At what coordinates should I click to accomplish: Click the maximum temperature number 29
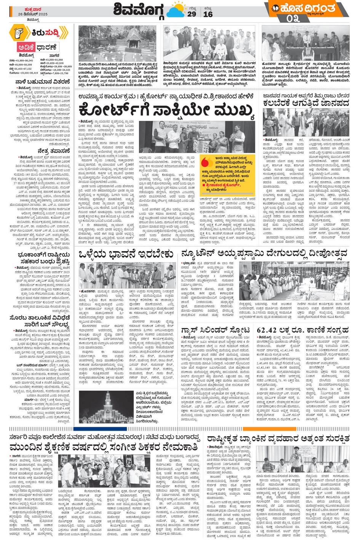click(x=192, y=14)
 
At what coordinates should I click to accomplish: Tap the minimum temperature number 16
click(x=208, y=14)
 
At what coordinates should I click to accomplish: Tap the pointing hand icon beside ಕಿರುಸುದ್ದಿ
click(x=19, y=33)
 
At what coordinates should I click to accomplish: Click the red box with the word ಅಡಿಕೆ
click(x=26, y=47)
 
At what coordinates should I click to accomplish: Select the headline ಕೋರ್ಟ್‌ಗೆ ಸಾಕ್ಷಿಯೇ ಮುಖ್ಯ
click(x=166, y=111)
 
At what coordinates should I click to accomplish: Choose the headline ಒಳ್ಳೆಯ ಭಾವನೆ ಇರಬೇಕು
click(x=126, y=254)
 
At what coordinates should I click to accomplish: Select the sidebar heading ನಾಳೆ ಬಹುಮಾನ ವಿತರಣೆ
click(x=43, y=82)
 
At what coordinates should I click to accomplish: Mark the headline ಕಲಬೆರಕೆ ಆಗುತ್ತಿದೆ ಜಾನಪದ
click(x=306, y=103)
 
